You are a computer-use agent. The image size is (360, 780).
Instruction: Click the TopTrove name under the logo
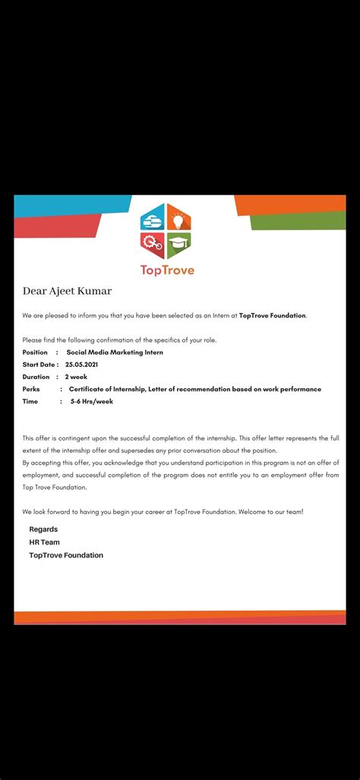[x=167, y=270]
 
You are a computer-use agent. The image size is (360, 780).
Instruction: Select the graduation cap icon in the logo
[x=178, y=245]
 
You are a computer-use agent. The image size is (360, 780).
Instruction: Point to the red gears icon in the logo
[x=153, y=245]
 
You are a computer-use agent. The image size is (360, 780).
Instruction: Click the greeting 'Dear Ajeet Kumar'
[x=67, y=291]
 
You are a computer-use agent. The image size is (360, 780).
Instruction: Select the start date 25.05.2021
[x=81, y=365]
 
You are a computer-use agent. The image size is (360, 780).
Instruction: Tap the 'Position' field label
[x=35, y=352]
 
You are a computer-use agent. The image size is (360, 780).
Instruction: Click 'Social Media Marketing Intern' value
[x=115, y=352]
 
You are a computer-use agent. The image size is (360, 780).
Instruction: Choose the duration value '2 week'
[x=76, y=377]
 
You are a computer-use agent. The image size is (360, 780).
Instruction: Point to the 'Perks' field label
[x=31, y=389]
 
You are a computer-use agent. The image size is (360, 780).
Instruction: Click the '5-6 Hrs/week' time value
[x=92, y=401]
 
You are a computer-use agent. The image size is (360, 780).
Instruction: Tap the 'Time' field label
[x=30, y=401]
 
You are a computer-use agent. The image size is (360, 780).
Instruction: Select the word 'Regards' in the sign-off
[x=43, y=529]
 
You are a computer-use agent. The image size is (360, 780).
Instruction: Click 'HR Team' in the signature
[x=44, y=542]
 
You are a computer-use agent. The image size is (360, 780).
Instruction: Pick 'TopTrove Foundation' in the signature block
[x=66, y=555]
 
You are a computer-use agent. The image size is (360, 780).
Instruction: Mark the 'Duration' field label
[x=36, y=377]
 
